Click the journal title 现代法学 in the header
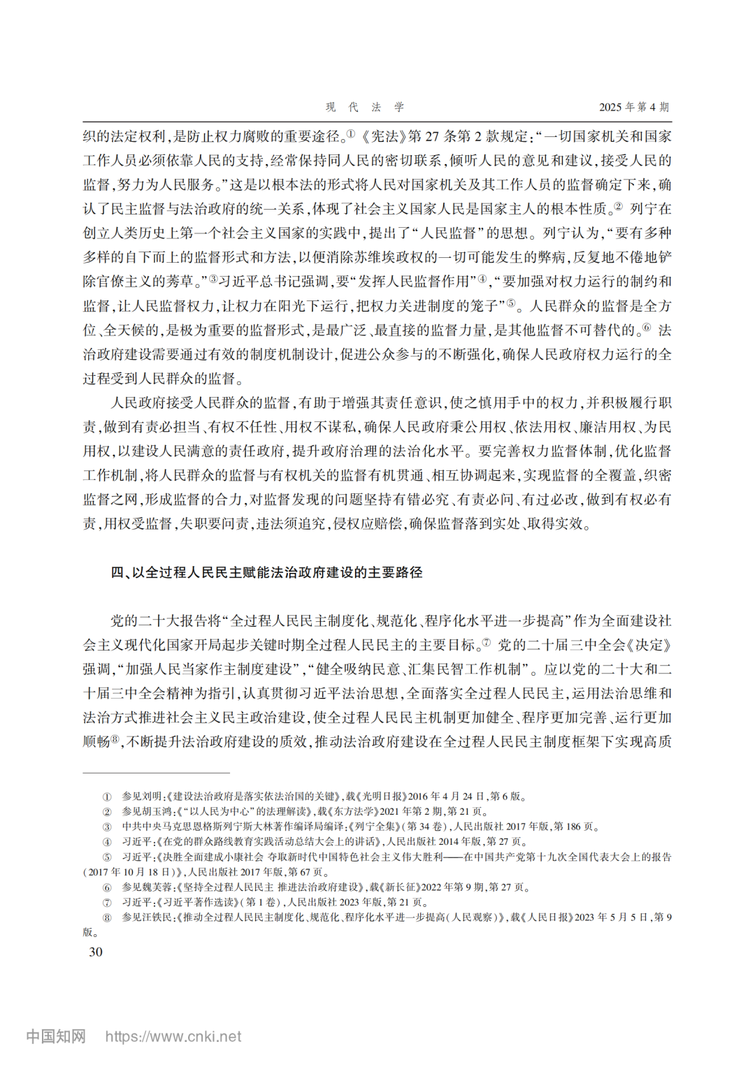[x=365, y=107]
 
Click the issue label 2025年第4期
[x=633, y=107]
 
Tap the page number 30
[x=96, y=952]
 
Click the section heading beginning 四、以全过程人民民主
[x=266, y=572]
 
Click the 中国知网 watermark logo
[x=56, y=1036]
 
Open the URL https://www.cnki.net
[x=173, y=1036]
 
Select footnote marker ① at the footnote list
[x=107, y=797]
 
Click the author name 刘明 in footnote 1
[x=152, y=797]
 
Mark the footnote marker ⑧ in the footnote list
[x=107, y=917]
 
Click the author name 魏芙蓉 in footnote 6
[x=157, y=887]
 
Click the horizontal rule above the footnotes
[x=156, y=773]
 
